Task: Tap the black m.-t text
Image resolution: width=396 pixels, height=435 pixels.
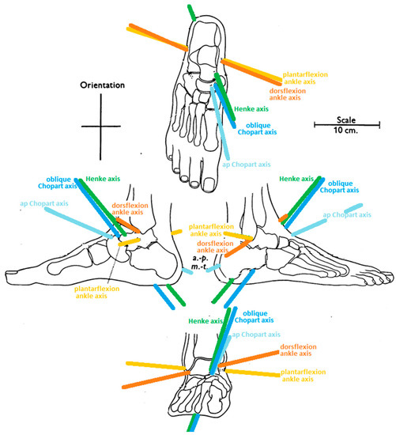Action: [x=199, y=270]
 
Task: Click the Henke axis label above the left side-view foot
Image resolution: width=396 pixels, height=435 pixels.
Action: [x=103, y=180]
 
